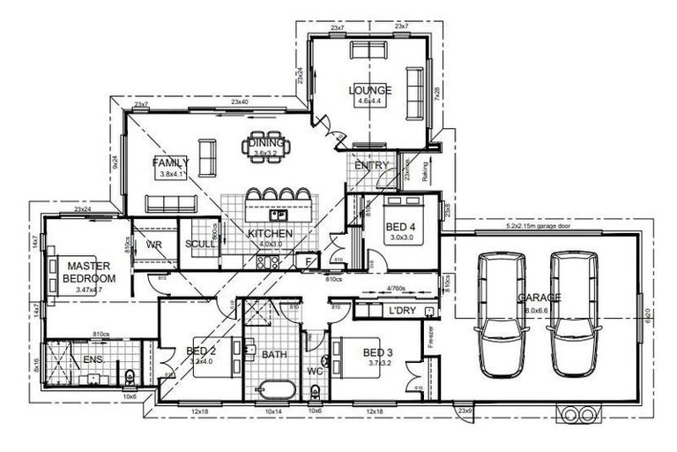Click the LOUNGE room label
point(370,91)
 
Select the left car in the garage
point(499,313)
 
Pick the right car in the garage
point(571,313)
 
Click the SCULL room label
point(197,246)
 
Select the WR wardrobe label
point(153,245)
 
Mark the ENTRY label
point(371,165)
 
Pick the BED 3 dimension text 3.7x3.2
point(381,363)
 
